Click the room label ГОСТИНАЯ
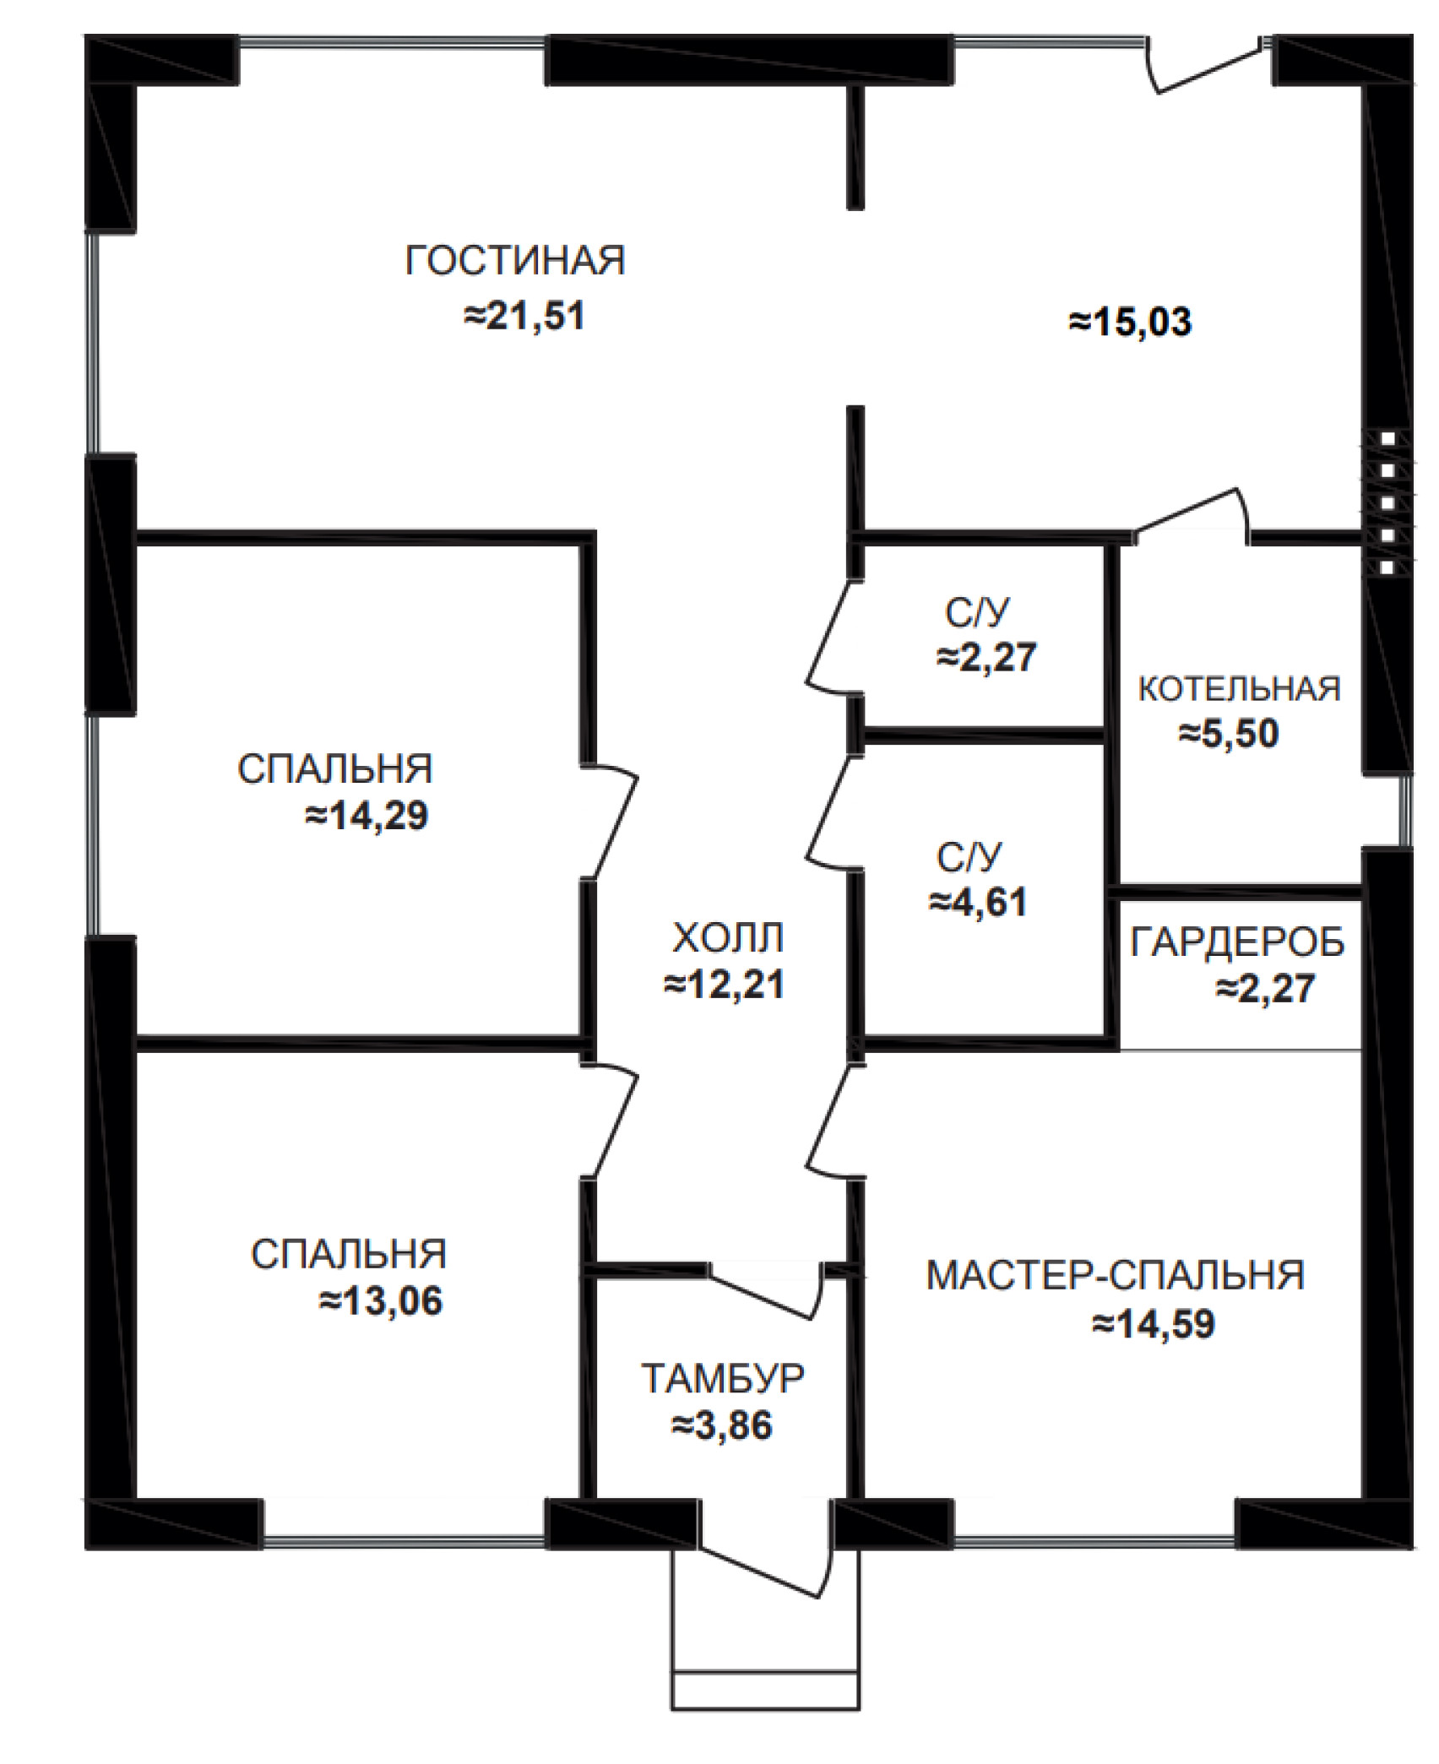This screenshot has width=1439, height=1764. point(515,261)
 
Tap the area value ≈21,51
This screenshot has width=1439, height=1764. point(524,318)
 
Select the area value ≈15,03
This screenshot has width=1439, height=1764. point(1131,323)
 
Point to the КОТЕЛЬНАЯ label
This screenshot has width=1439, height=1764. point(1240,689)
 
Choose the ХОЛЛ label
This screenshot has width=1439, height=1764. point(728,938)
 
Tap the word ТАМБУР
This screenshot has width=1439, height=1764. point(724,1379)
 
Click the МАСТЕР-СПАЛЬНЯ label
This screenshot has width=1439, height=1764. point(1116,1276)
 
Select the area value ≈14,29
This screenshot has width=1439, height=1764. point(367,817)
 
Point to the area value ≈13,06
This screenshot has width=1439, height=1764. point(381,1302)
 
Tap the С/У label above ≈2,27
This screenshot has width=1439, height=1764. point(977,614)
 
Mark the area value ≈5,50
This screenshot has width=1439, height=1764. point(1229,735)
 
